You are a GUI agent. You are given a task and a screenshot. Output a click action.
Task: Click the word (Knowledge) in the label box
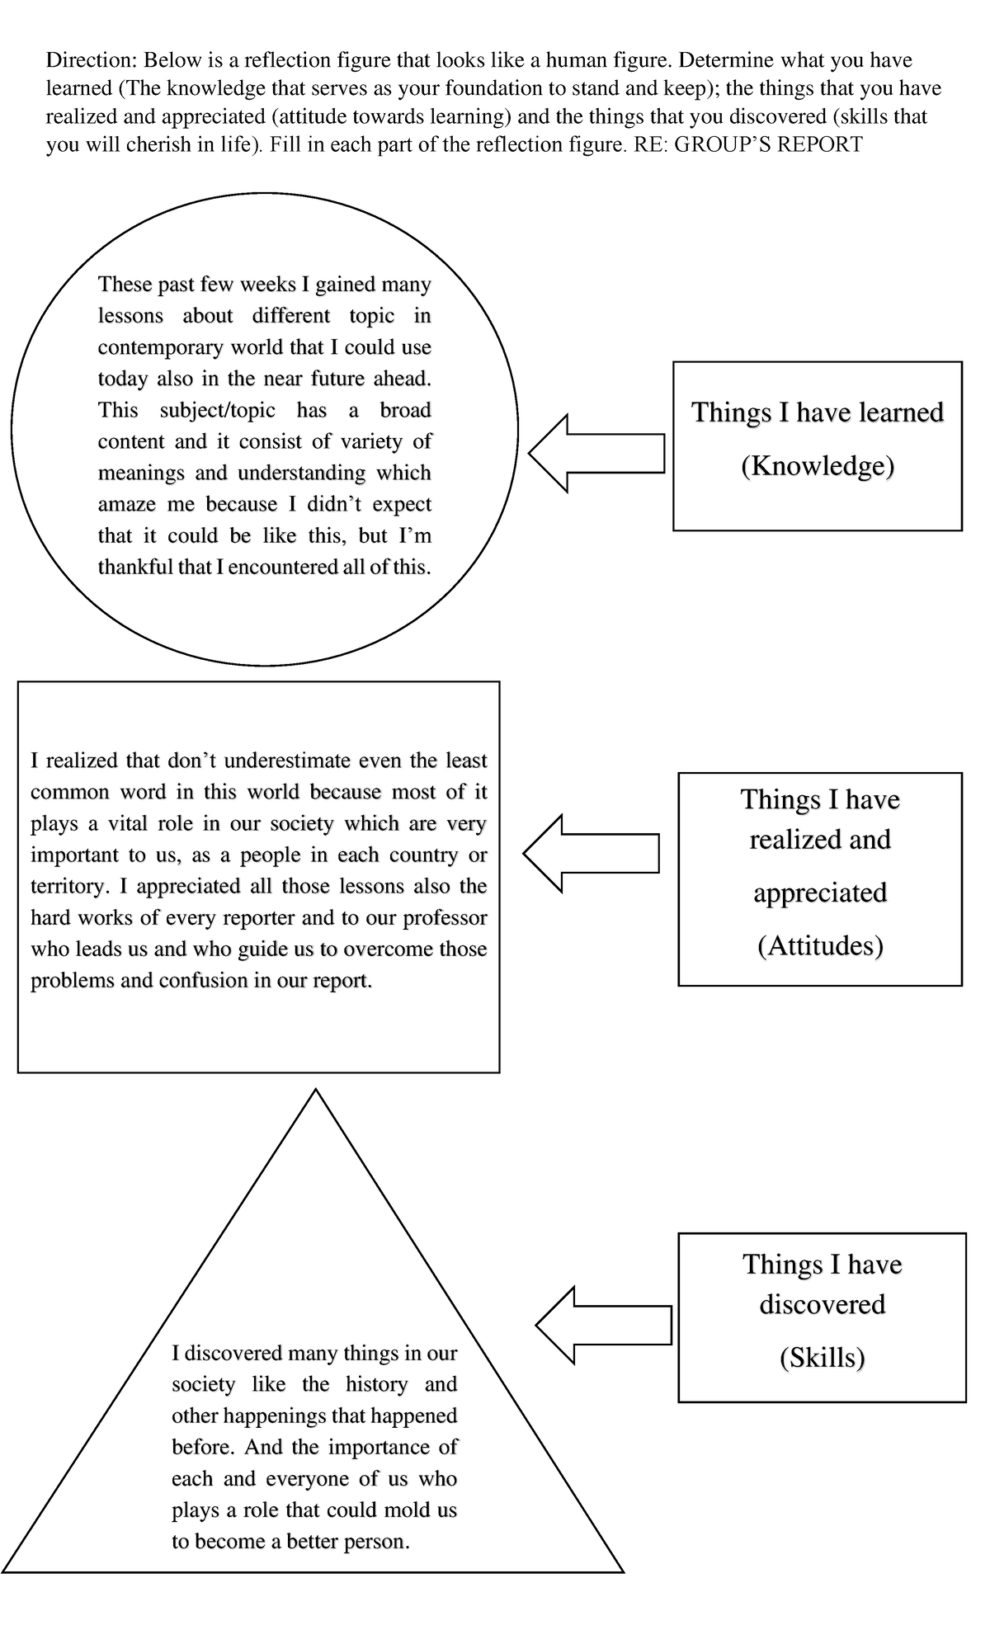pos(818,467)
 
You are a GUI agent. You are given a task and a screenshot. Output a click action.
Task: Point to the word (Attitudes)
pos(820,945)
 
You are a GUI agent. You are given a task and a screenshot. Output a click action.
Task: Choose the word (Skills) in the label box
pos(822,1357)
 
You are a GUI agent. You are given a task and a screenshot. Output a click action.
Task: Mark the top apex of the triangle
pos(315,1091)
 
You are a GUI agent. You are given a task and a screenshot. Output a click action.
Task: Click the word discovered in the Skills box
pos(822,1304)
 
